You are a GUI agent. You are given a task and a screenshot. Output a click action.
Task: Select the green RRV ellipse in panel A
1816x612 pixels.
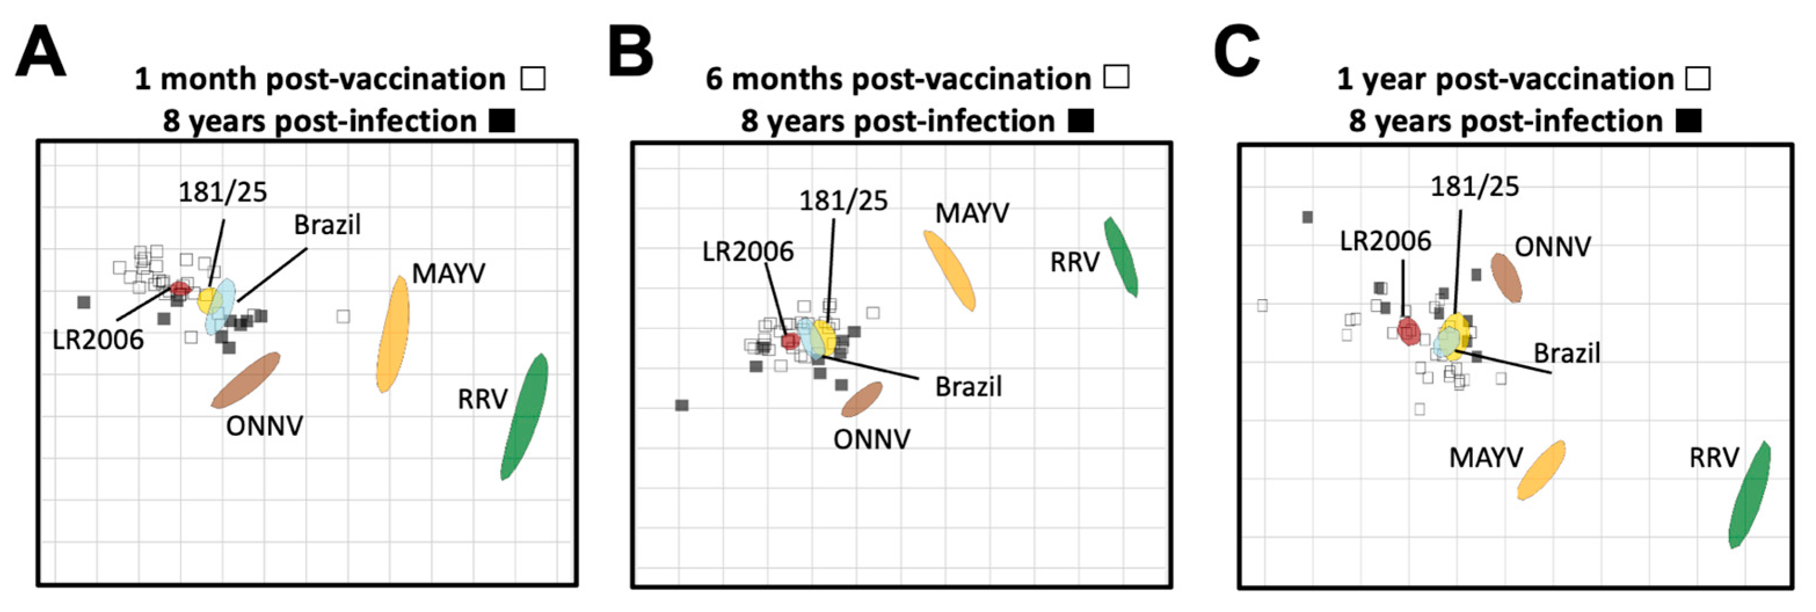(524, 416)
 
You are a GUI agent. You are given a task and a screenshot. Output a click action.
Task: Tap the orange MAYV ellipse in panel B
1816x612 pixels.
(950, 270)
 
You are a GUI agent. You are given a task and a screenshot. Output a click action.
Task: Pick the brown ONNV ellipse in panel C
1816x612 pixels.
(1506, 278)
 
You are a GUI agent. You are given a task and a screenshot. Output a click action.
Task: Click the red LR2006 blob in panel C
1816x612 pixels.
(1409, 331)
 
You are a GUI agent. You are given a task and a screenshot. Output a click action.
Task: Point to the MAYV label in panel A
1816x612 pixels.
(448, 274)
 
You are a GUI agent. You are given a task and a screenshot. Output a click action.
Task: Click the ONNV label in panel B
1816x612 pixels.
(871, 439)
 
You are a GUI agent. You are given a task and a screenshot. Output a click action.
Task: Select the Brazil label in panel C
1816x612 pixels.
(1566, 352)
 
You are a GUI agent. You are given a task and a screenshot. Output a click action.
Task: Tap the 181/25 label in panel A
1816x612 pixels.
(222, 192)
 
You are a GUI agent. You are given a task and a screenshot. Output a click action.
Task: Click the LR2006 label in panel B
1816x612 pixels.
(747, 251)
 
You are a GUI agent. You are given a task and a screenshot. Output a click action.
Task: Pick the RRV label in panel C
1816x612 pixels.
(1714, 458)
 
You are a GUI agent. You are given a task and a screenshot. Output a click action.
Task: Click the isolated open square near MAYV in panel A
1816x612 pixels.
(342, 316)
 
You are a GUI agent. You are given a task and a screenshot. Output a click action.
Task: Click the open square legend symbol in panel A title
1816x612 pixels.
(533, 78)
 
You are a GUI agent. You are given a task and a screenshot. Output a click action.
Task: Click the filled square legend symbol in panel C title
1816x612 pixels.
(1689, 121)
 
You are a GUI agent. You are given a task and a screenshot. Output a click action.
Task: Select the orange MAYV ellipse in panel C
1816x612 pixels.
(1542, 470)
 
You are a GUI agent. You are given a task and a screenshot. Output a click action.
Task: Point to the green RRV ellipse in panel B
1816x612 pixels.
(1120, 257)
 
